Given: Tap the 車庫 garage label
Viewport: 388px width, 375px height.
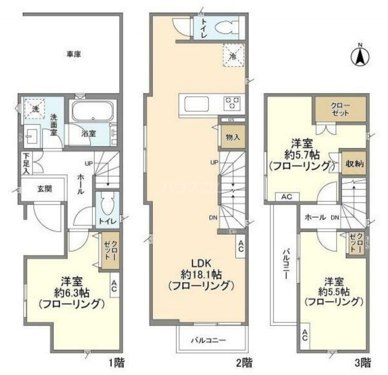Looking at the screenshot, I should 73,54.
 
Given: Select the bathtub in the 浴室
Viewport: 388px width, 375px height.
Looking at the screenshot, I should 92,111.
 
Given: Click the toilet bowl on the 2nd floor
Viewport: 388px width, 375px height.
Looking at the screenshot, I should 225,27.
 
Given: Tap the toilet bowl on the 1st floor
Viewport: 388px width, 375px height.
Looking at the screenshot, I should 107,205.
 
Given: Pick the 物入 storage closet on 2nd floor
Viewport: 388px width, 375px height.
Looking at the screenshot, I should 233,137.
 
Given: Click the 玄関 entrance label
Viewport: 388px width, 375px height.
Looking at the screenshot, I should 45,189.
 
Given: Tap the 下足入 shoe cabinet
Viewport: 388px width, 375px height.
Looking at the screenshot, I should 26,163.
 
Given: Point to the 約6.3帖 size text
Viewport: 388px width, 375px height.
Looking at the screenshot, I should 71,292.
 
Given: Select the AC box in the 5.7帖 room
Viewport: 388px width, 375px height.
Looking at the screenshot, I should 286,197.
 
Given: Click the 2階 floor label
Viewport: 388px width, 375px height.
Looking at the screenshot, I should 244,363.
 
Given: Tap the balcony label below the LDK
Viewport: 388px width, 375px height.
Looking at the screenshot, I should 208,340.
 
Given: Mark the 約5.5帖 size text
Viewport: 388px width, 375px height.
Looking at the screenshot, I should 333,290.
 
